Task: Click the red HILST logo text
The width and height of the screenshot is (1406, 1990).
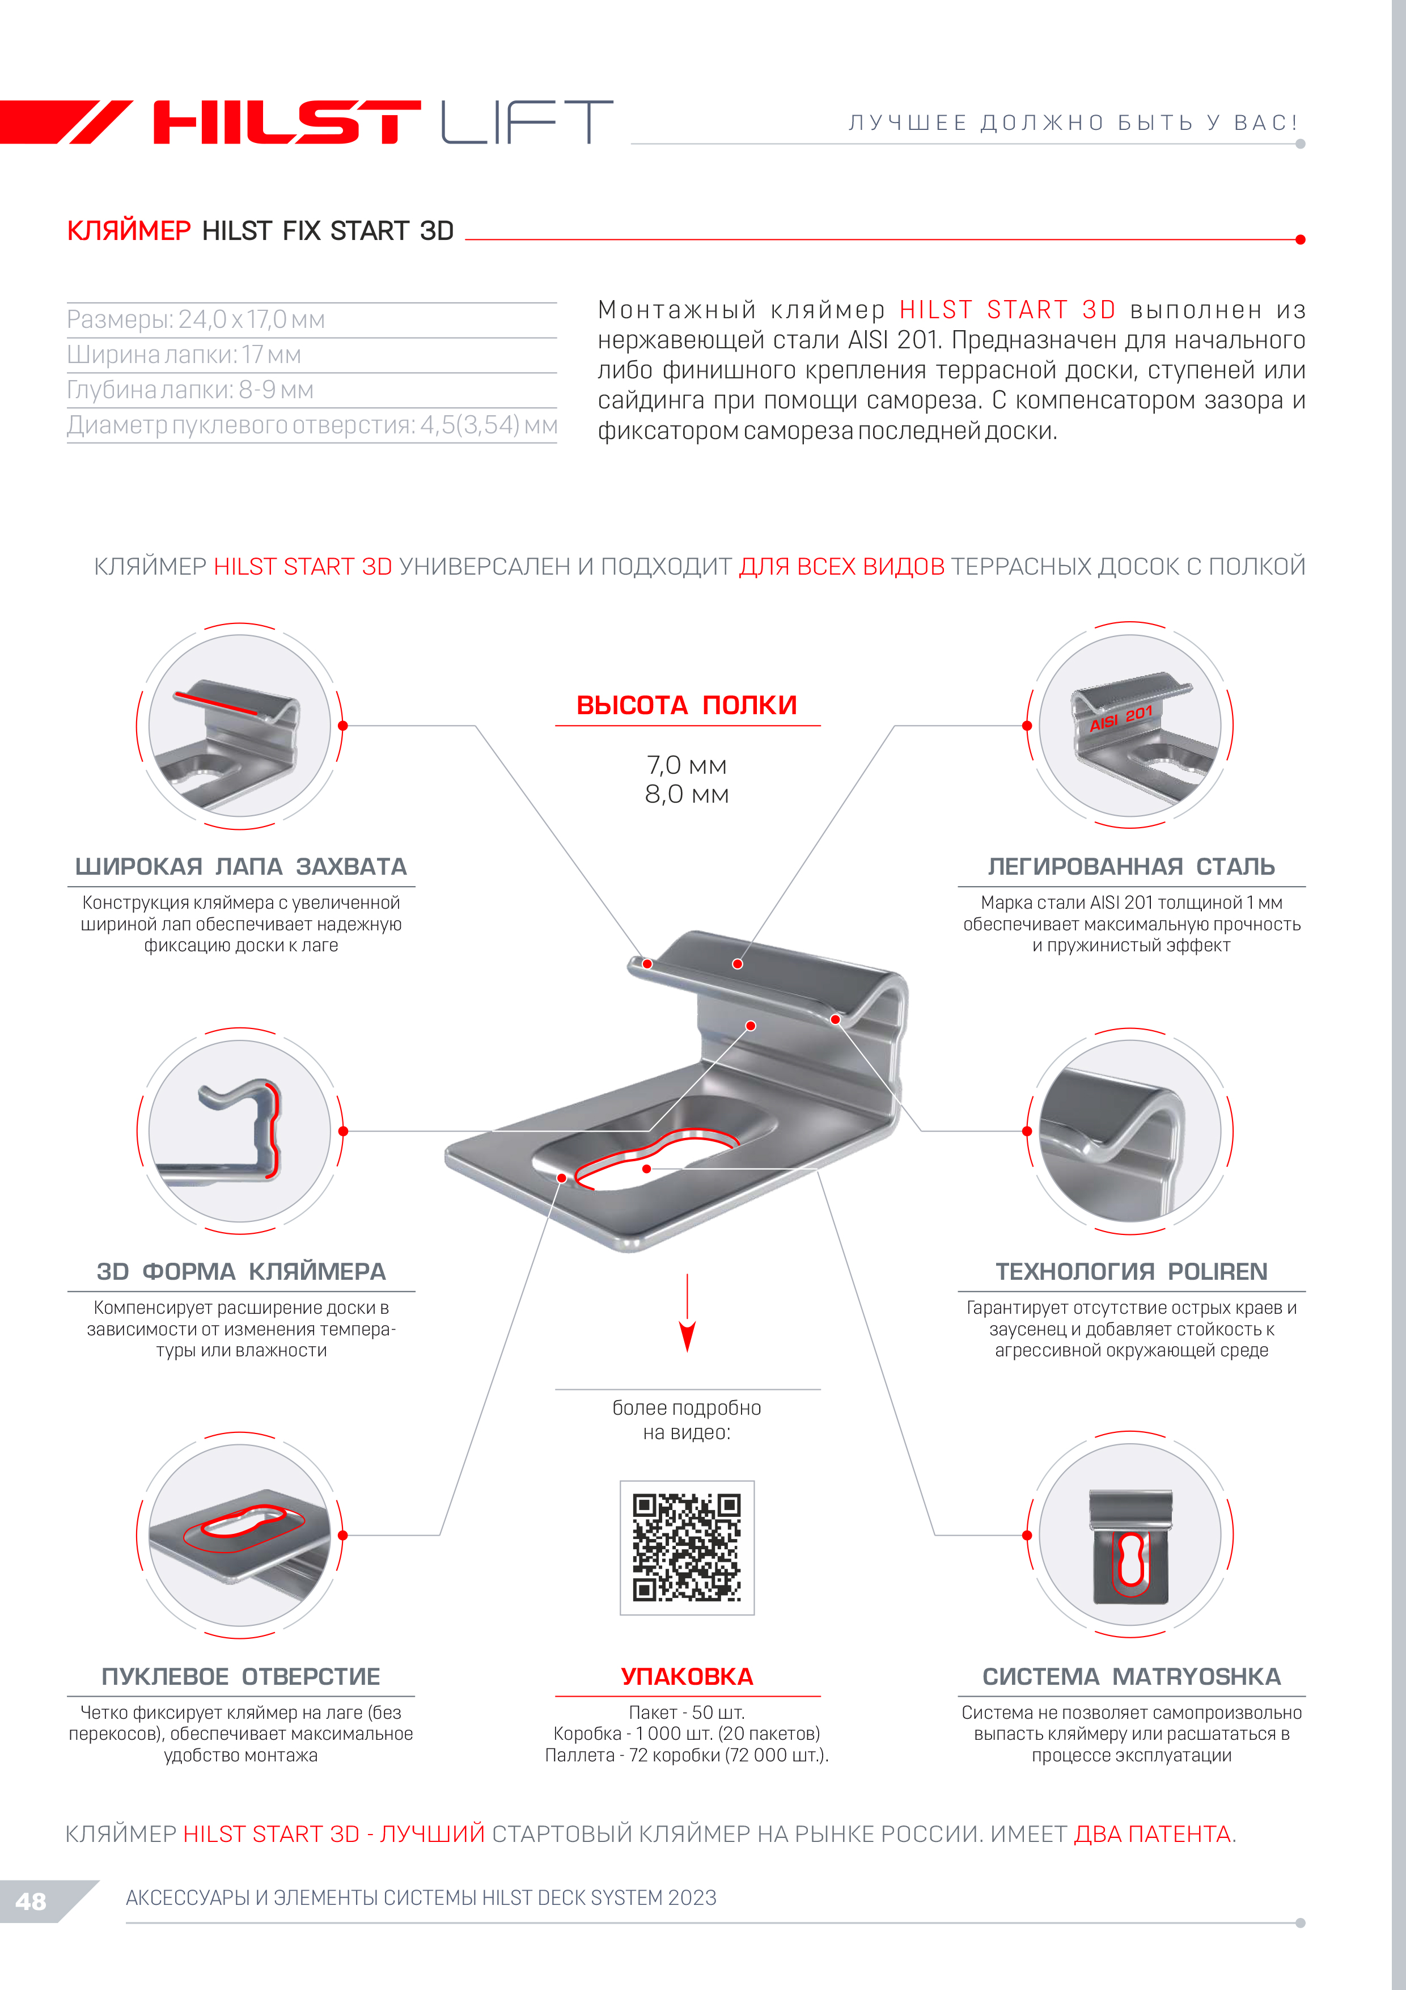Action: [287, 121]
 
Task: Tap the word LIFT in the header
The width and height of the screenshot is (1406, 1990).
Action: [527, 121]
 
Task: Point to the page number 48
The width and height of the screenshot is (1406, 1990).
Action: [30, 1902]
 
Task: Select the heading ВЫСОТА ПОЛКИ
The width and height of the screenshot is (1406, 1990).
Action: [687, 705]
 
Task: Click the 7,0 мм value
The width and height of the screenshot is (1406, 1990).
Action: [687, 765]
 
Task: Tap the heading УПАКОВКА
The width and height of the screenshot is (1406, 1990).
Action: [687, 1676]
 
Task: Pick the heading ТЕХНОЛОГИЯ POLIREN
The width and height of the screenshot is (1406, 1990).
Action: [1132, 1271]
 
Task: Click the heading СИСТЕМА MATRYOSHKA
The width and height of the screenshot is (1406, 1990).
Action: [1132, 1676]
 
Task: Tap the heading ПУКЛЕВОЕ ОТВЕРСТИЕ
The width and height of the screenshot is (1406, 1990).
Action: [241, 1676]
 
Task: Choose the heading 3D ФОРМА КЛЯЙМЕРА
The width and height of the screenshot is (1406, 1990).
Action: [241, 1271]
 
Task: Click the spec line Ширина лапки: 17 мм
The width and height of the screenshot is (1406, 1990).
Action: [184, 355]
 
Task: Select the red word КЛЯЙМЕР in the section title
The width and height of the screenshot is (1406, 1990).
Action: [129, 230]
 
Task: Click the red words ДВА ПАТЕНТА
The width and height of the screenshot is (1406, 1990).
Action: [1153, 1834]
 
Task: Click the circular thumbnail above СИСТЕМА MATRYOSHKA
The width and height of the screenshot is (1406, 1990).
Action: [1130, 1535]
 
